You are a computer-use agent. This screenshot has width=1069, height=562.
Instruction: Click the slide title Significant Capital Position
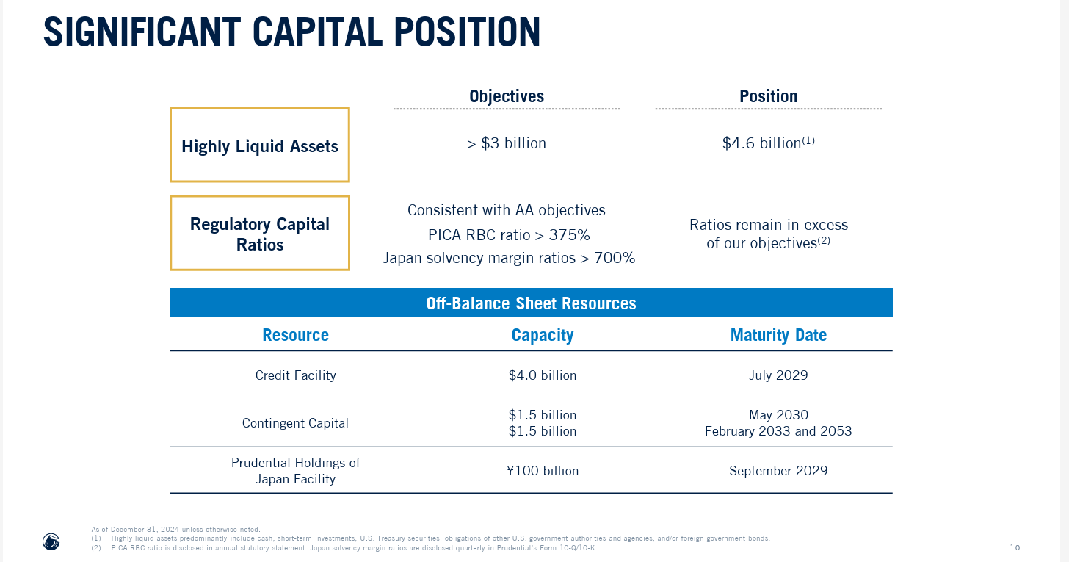pos(291,32)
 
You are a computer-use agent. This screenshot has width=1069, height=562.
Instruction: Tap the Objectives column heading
pos(506,96)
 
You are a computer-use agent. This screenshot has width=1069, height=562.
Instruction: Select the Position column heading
pos(768,96)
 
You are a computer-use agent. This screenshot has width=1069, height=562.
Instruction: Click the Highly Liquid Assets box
pos(260,145)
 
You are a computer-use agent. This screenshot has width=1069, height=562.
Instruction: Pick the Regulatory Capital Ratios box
pos(260,234)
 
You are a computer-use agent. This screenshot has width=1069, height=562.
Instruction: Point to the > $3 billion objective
pos(506,143)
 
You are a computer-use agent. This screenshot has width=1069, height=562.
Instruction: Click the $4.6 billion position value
pos(768,143)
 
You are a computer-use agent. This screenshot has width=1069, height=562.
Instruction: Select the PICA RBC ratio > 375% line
pos(509,235)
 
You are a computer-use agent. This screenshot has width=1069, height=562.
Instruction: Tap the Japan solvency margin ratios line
pos(509,258)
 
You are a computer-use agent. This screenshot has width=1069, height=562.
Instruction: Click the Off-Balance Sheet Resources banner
pos(531,303)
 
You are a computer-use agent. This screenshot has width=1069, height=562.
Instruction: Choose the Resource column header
pos(295,335)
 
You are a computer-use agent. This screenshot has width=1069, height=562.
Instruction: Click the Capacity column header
pos(542,335)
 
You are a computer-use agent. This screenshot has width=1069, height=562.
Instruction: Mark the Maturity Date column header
pos(778,335)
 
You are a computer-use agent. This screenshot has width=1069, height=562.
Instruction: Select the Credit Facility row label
pos(295,375)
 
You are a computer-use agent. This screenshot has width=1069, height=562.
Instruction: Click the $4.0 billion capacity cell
pos(542,375)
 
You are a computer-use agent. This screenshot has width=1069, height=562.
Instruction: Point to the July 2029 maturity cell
pos(778,375)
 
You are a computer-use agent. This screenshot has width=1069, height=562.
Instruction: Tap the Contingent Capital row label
pos(295,423)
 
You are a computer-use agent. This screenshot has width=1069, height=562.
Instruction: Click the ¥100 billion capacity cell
pos(542,471)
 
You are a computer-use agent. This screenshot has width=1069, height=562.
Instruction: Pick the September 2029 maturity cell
pos(778,471)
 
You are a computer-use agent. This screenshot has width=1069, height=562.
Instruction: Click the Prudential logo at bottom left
pos(51,541)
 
